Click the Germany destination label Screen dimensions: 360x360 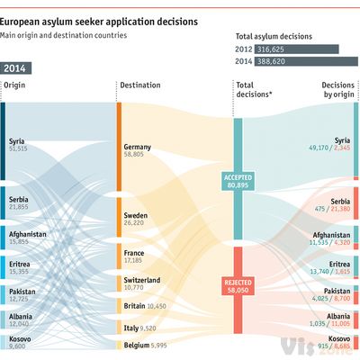(139, 150)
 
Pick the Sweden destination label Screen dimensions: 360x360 (137, 220)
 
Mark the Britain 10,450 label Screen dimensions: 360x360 (144, 306)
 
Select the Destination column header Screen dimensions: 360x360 (139, 85)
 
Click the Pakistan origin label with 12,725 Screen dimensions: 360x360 (20, 295)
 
